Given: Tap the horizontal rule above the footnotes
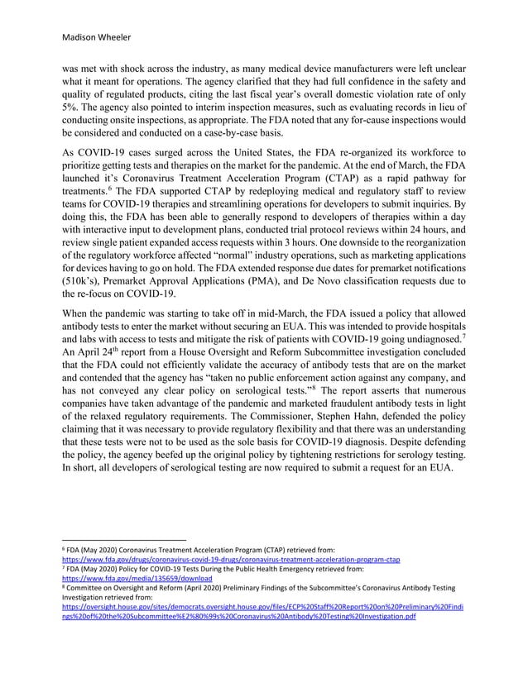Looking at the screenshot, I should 125,541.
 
